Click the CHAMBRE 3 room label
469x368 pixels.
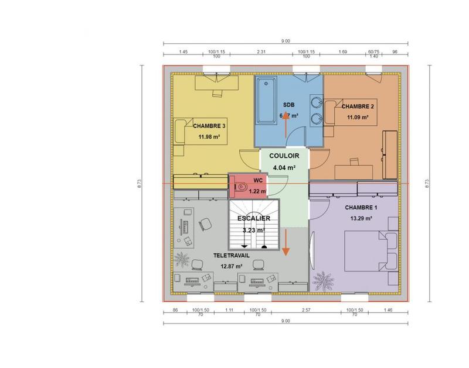(x=210, y=126)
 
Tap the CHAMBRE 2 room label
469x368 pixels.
(x=358, y=106)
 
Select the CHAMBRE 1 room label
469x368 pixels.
(x=361, y=208)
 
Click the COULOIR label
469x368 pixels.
(x=284, y=156)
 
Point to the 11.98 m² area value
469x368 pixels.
(x=209, y=137)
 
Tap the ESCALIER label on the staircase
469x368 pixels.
(x=254, y=219)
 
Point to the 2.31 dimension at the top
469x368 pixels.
(x=262, y=52)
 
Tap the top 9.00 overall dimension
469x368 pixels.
(x=286, y=41)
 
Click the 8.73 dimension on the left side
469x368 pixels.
(x=140, y=183)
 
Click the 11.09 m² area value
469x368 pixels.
(x=358, y=118)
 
